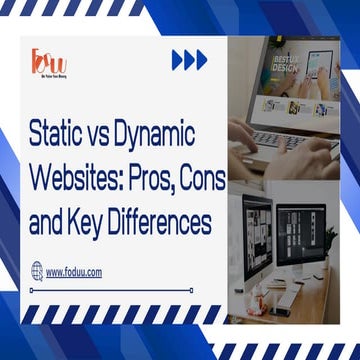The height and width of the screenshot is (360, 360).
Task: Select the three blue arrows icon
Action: coord(190,60)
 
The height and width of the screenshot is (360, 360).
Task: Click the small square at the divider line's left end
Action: coord(32,290)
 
